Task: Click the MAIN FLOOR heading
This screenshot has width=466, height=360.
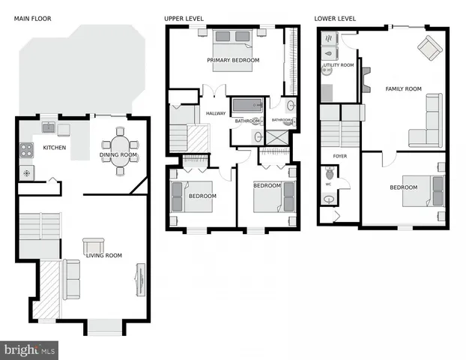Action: point(32,17)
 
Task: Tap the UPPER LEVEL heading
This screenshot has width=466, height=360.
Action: point(184,17)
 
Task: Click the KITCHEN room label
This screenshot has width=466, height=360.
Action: point(54,148)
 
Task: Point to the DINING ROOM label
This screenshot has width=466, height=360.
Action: point(118,155)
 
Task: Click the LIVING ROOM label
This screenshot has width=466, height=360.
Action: point(103,256)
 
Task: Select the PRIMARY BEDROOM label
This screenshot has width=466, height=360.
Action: point(234,60)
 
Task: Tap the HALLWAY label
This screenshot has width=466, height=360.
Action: point(216,113)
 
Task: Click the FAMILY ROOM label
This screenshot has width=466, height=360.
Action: point(403,88)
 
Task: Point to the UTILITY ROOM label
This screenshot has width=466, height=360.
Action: point(338,65)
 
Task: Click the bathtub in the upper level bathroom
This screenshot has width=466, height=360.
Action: point(248,105)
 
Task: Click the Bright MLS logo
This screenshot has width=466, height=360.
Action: point(30,349)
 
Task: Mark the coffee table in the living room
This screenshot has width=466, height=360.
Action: point(94,245)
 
